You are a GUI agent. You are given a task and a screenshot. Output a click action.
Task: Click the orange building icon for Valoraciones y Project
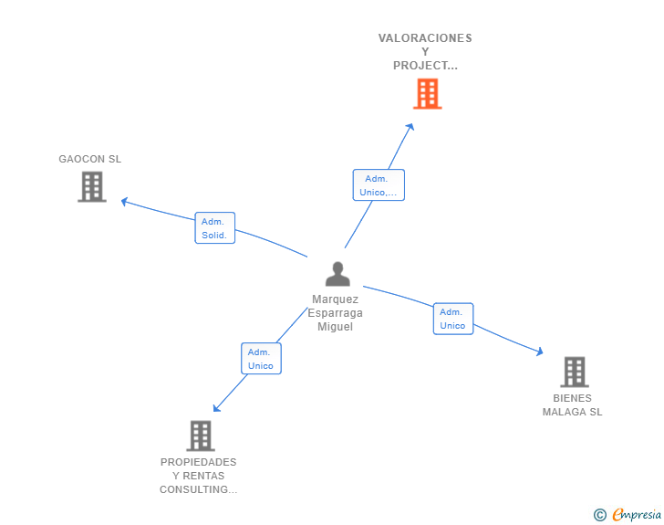pyautogui.click(x=427, y=93)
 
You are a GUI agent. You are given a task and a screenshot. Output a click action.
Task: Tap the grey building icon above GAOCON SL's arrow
pyautogui.click(x=91, y=187)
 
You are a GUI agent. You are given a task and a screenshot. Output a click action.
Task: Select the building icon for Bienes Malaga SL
pyautogui.click(x=574, y=372)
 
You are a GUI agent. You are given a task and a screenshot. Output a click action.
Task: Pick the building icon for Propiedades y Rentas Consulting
pyautogui.click(x=200, y=436)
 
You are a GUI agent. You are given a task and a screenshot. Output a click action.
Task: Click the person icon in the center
pyautogui.click(x=337, y=274)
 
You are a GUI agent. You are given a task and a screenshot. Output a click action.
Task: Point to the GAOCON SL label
pyautogui.click(x=89, y=159)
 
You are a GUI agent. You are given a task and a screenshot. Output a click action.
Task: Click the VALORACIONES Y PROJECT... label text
pyautogui.click(x=425, y=52)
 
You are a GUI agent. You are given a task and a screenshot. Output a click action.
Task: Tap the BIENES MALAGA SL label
pyautogui.click(x=573, y=404)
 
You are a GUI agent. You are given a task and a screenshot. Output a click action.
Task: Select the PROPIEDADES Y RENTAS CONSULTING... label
pyautogui.click(x=198, y=476)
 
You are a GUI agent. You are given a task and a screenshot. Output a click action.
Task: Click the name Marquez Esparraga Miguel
pyautogui.click(x=335, y=312)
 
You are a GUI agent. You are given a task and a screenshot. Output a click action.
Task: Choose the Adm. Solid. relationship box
pyautogui.click(x=215, y=228)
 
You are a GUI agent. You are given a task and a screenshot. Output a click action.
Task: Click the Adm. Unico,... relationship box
pyautogui.click(x=379, y=185)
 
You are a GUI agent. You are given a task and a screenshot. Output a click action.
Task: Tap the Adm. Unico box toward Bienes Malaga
pyautogui.click(x=452, y=319)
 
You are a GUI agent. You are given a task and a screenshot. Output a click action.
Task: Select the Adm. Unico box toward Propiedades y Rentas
pyautogui.click(x=260, y=359)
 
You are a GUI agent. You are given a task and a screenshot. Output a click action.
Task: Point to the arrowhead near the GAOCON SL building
pyautogui.click(x=125, y=202)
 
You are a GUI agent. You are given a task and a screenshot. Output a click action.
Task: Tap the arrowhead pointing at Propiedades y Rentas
pyautogui.click(x=216, y=408)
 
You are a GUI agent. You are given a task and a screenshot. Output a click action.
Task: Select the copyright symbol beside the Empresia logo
pyautogui.click(x=599, y=515)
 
